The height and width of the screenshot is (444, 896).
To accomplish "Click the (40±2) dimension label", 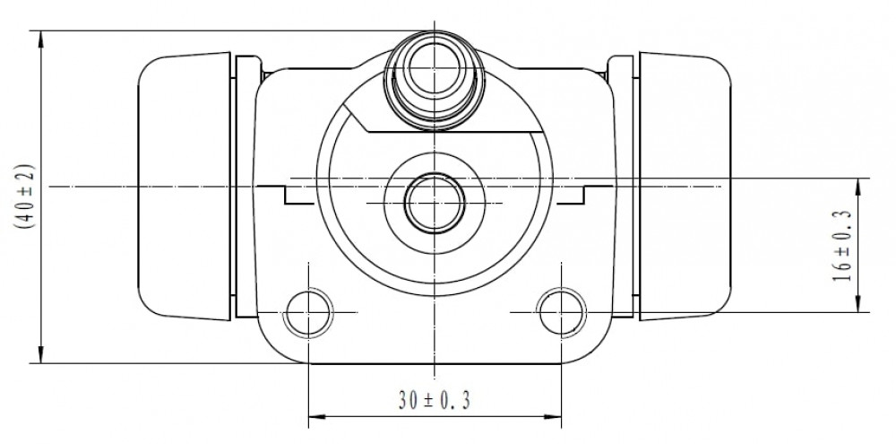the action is (x=26, y=196).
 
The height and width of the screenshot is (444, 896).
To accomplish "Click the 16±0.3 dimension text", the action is (x=842, y=246).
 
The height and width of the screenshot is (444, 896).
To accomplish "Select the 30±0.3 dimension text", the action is (x=435, y=401).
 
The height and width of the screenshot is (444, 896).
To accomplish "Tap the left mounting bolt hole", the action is (x=308, y=312).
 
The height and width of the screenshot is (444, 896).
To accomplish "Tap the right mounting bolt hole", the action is (x=562, y=312).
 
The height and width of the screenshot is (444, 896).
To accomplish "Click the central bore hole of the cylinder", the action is (x=435, y=203).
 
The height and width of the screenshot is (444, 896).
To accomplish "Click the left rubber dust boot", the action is (x=184, y=187).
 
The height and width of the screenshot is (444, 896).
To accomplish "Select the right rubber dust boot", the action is (x=685, y=187).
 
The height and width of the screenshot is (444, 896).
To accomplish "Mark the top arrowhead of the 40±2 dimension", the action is (x=40, y=37).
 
